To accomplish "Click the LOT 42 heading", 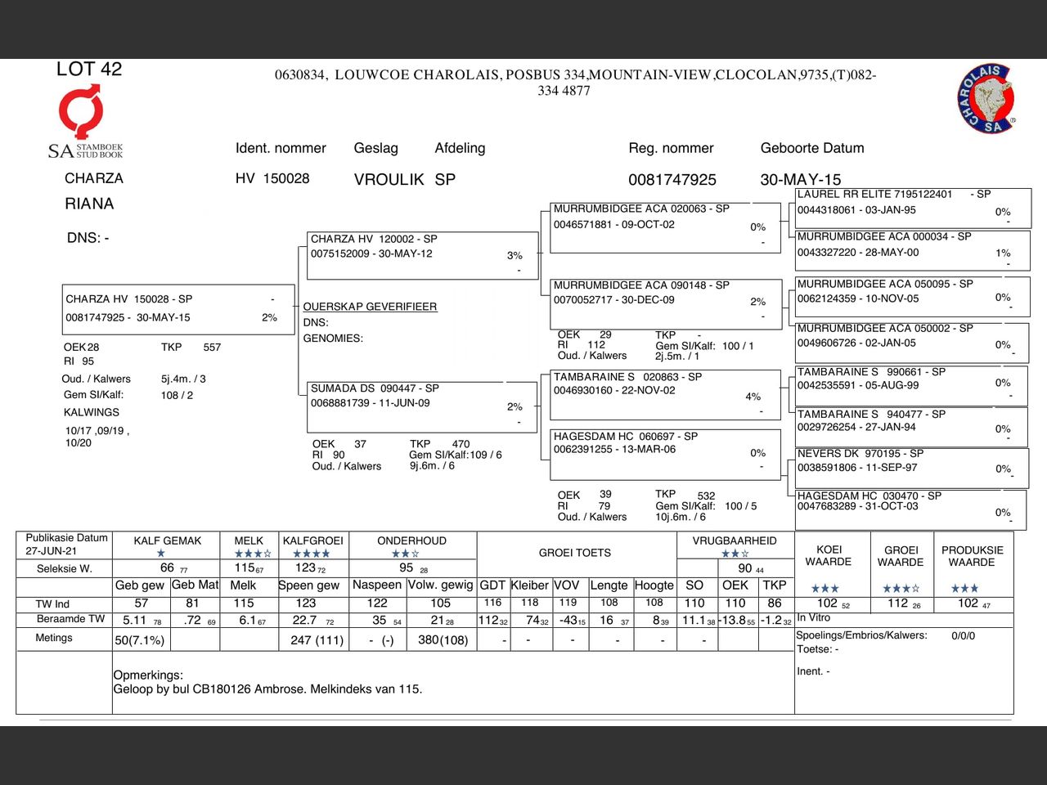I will point(89,70).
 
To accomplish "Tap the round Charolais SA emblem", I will point(987,98).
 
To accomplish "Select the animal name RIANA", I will point(89,204).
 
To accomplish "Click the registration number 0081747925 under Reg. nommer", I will point(672,180).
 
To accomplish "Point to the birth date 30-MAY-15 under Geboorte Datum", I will point(800,180).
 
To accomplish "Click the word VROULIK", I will point(389,180).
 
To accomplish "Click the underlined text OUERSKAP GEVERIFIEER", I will point(370,307).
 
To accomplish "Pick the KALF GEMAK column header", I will point(167,541).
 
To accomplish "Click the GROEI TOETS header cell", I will point(574,553).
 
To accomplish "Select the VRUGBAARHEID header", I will point(735,541).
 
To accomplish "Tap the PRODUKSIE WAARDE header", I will point(972,556).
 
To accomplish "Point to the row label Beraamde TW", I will point(70,619).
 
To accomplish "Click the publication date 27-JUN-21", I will point(51,551).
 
